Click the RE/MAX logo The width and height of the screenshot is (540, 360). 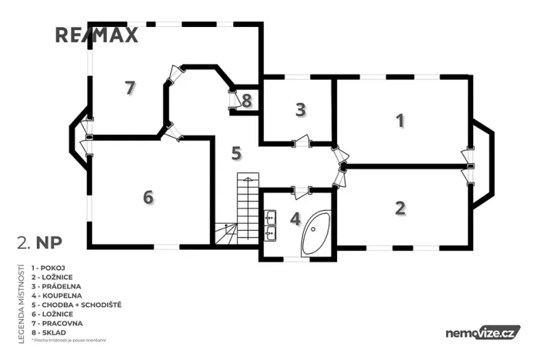click(x=97, y=35)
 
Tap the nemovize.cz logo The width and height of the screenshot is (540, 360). click(x=482, y=332)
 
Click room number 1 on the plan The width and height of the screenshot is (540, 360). click(x=399, y=120)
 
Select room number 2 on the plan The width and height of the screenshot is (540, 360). click(x=400, y=207)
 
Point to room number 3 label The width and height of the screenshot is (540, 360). click(x=301, y=109)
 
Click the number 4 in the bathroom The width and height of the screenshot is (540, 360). click(x=295, y=218)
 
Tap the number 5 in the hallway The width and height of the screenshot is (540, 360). click(x=237, y=152)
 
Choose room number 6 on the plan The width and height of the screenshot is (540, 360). click(x=148, y=197)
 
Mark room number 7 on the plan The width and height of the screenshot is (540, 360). click(x=130, y=88)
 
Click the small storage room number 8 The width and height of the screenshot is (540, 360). click(x=246, y=100)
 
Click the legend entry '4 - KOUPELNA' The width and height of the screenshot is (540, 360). click(x=62, y=295)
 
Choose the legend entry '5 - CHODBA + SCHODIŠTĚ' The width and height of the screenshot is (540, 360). click(x=76, y=305)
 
